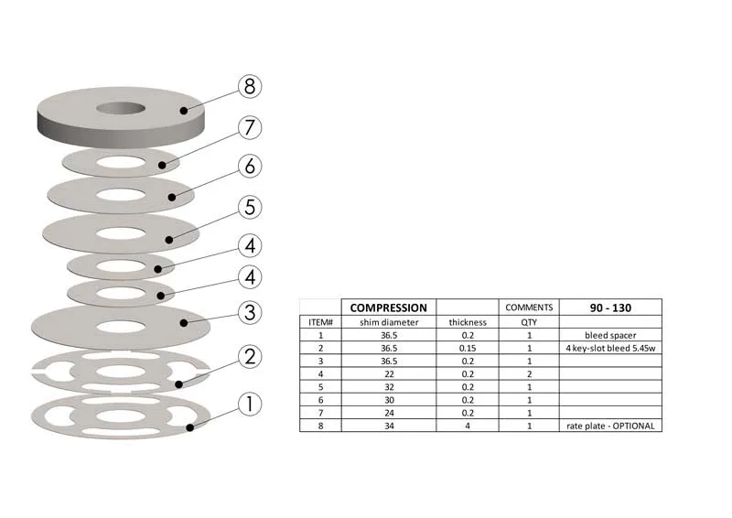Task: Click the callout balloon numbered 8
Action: pyautogui.click(x=250, y=86)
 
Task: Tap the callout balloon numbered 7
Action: pyautogui.click(x=250, y=127)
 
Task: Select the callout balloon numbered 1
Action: pyautogui.click(x=250, y=404)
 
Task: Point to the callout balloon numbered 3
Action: pyautogui.click(x=250, y=312)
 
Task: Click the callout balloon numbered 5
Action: pyautogui.click(x=250, y=207)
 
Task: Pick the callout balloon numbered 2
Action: pyautogui.click(x=250, y=356)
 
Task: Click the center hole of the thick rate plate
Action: pyautogui.click(x=121, y=108)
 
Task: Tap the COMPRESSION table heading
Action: pyautogui.click(x=388, y=308)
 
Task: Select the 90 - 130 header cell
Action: pyautogui.click(x=610, y=308)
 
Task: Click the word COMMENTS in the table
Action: pyautogui.click(x=529, y=308)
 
